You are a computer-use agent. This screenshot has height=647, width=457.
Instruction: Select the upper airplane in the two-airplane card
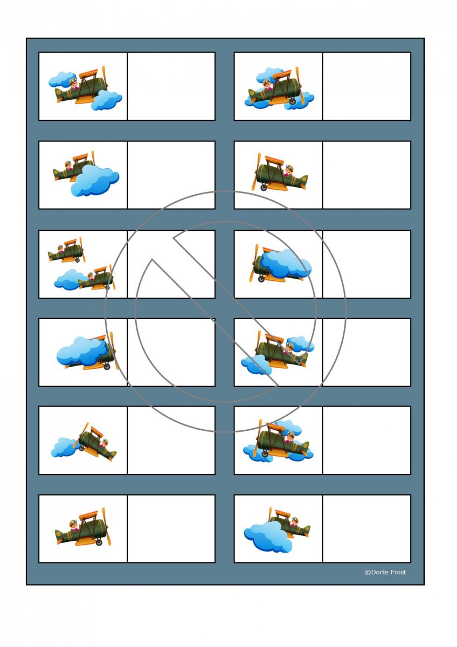(67, 250)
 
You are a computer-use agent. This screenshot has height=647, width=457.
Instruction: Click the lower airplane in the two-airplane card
(96, 278)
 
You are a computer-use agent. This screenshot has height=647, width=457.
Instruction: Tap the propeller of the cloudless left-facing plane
(257, 171)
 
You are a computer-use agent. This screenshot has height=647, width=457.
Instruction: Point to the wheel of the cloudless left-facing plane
(264, 187)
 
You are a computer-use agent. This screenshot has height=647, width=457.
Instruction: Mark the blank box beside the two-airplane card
(171, 264)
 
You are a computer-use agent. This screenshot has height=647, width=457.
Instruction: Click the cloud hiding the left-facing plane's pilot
(286, 264)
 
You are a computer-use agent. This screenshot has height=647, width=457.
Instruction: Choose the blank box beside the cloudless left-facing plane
(366, 175)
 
